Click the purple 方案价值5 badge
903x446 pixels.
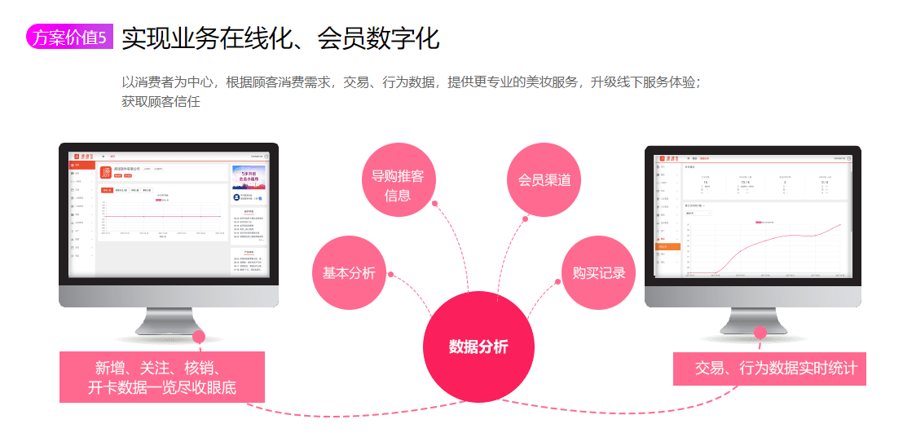pyautogui.click(x=69, y=38)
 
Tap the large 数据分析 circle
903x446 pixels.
pyautogui.click(x=478, y=347)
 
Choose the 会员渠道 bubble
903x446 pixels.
pyautogui.click(x=544, y=180)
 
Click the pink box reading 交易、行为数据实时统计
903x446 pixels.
pyautogui.click(x=770, y=368)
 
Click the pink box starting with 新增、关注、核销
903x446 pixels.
pyautogui.click(x=162, y=377)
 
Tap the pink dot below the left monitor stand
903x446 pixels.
pyautogui.click(x=198, y=336)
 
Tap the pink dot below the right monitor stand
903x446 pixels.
pyautogui.click(x=760, y=333)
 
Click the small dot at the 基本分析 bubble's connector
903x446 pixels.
pyautogui.click(x=391, y=274)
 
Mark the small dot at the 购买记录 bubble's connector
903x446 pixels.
pyautogui.click(x=558, y=281)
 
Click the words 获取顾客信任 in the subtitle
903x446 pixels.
pyautogui.click(x=161, y=102)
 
